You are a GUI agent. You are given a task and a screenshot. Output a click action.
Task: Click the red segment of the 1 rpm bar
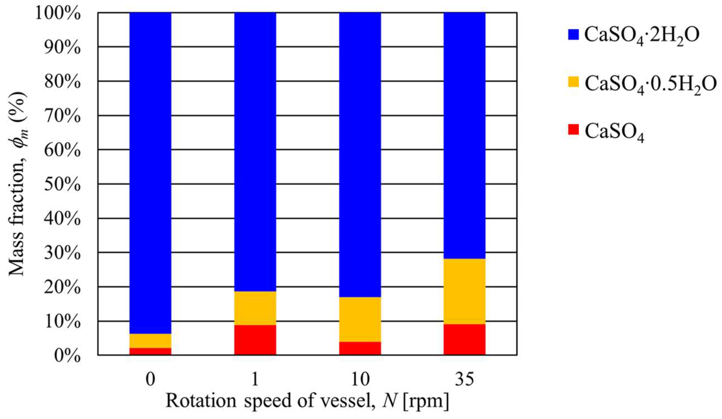[255, 340]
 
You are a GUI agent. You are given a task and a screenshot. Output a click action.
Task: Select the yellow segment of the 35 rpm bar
[464, 291]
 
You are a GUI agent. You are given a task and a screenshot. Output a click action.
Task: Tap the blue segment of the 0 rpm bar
[150, 172]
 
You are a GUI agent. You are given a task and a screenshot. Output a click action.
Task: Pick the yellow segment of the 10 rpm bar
[360, 319]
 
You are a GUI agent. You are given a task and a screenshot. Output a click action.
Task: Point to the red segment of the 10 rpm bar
[360, 349]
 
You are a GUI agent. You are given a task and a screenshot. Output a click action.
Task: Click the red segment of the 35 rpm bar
[464, 340]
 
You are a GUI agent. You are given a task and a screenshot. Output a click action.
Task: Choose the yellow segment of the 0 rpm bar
[150, 341]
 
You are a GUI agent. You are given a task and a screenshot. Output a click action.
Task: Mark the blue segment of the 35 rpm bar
[464, 135]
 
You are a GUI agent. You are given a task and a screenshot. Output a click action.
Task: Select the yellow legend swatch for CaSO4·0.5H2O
[574, 83]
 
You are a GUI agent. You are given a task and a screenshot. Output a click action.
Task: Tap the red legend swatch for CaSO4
[574, 130]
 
